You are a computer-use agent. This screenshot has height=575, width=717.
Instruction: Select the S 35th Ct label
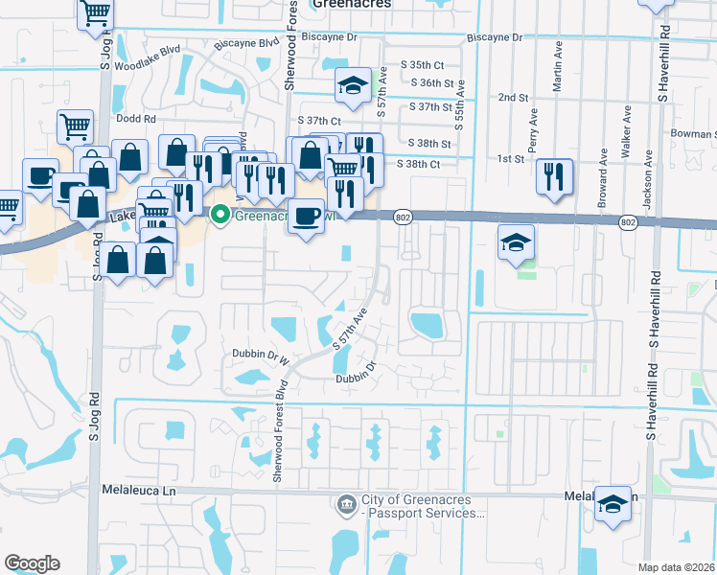(x=427, y=65)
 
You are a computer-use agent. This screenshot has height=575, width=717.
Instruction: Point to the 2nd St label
(x=514, y=98)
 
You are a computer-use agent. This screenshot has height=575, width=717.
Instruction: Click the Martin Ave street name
(x=557, y=78)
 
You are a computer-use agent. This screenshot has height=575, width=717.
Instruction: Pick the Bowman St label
(x=694, y=133)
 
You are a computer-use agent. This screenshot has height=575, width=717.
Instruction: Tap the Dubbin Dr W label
(x=260, y=354)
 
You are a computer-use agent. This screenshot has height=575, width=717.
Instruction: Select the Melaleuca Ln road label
(x=140, y=489)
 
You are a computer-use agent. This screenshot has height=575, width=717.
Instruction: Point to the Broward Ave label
(x=604, y=171)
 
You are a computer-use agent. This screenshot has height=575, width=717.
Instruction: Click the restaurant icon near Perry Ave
(x=554, y=176)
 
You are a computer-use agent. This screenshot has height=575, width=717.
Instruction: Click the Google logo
(x=33, y=563)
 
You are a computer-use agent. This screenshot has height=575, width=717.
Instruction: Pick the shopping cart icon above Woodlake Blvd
(x=96, y=13)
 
